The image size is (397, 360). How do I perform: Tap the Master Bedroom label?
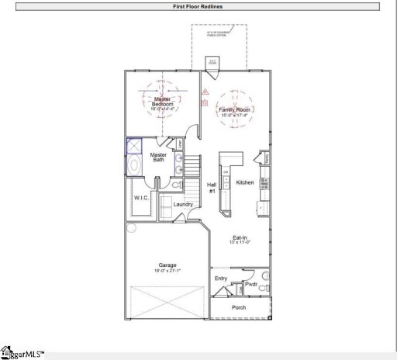tap(162, 102)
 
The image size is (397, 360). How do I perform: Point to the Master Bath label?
tap(158, 157)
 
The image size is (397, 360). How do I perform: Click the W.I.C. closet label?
tap(140, 197)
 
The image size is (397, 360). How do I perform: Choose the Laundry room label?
tap(183, 204)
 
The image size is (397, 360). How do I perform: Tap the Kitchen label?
tap(245, 182)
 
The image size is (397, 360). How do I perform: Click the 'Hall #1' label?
tap(212, 187)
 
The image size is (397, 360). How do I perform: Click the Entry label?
tap(221, 278)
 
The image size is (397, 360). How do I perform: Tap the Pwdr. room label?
tap(250, 285)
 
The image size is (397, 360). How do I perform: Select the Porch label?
tap(239, 307)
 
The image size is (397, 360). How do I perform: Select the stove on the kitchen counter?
tap(264, 184)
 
